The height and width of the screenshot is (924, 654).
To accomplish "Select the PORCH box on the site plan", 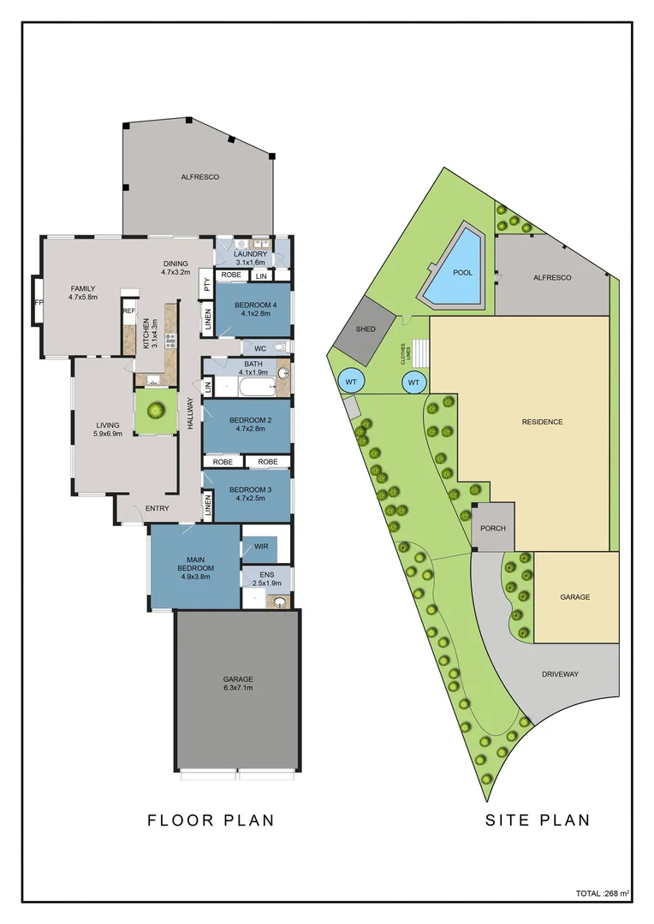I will point(492,528).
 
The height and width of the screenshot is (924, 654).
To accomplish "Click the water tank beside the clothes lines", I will point(413,382).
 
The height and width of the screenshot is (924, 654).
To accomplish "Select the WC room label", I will point(259,348).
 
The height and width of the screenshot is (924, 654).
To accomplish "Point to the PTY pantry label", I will point(206,284).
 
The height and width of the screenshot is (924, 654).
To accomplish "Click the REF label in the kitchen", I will point(128,311).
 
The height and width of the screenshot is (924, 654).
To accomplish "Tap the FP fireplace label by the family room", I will point(38,302).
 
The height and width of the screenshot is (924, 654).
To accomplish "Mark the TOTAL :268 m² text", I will point(603,893).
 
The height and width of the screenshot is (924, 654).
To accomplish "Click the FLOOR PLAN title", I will point(211,820).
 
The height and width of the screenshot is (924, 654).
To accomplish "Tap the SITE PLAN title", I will point(538,820).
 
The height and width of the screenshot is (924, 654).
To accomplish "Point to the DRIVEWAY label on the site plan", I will point(560,674).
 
